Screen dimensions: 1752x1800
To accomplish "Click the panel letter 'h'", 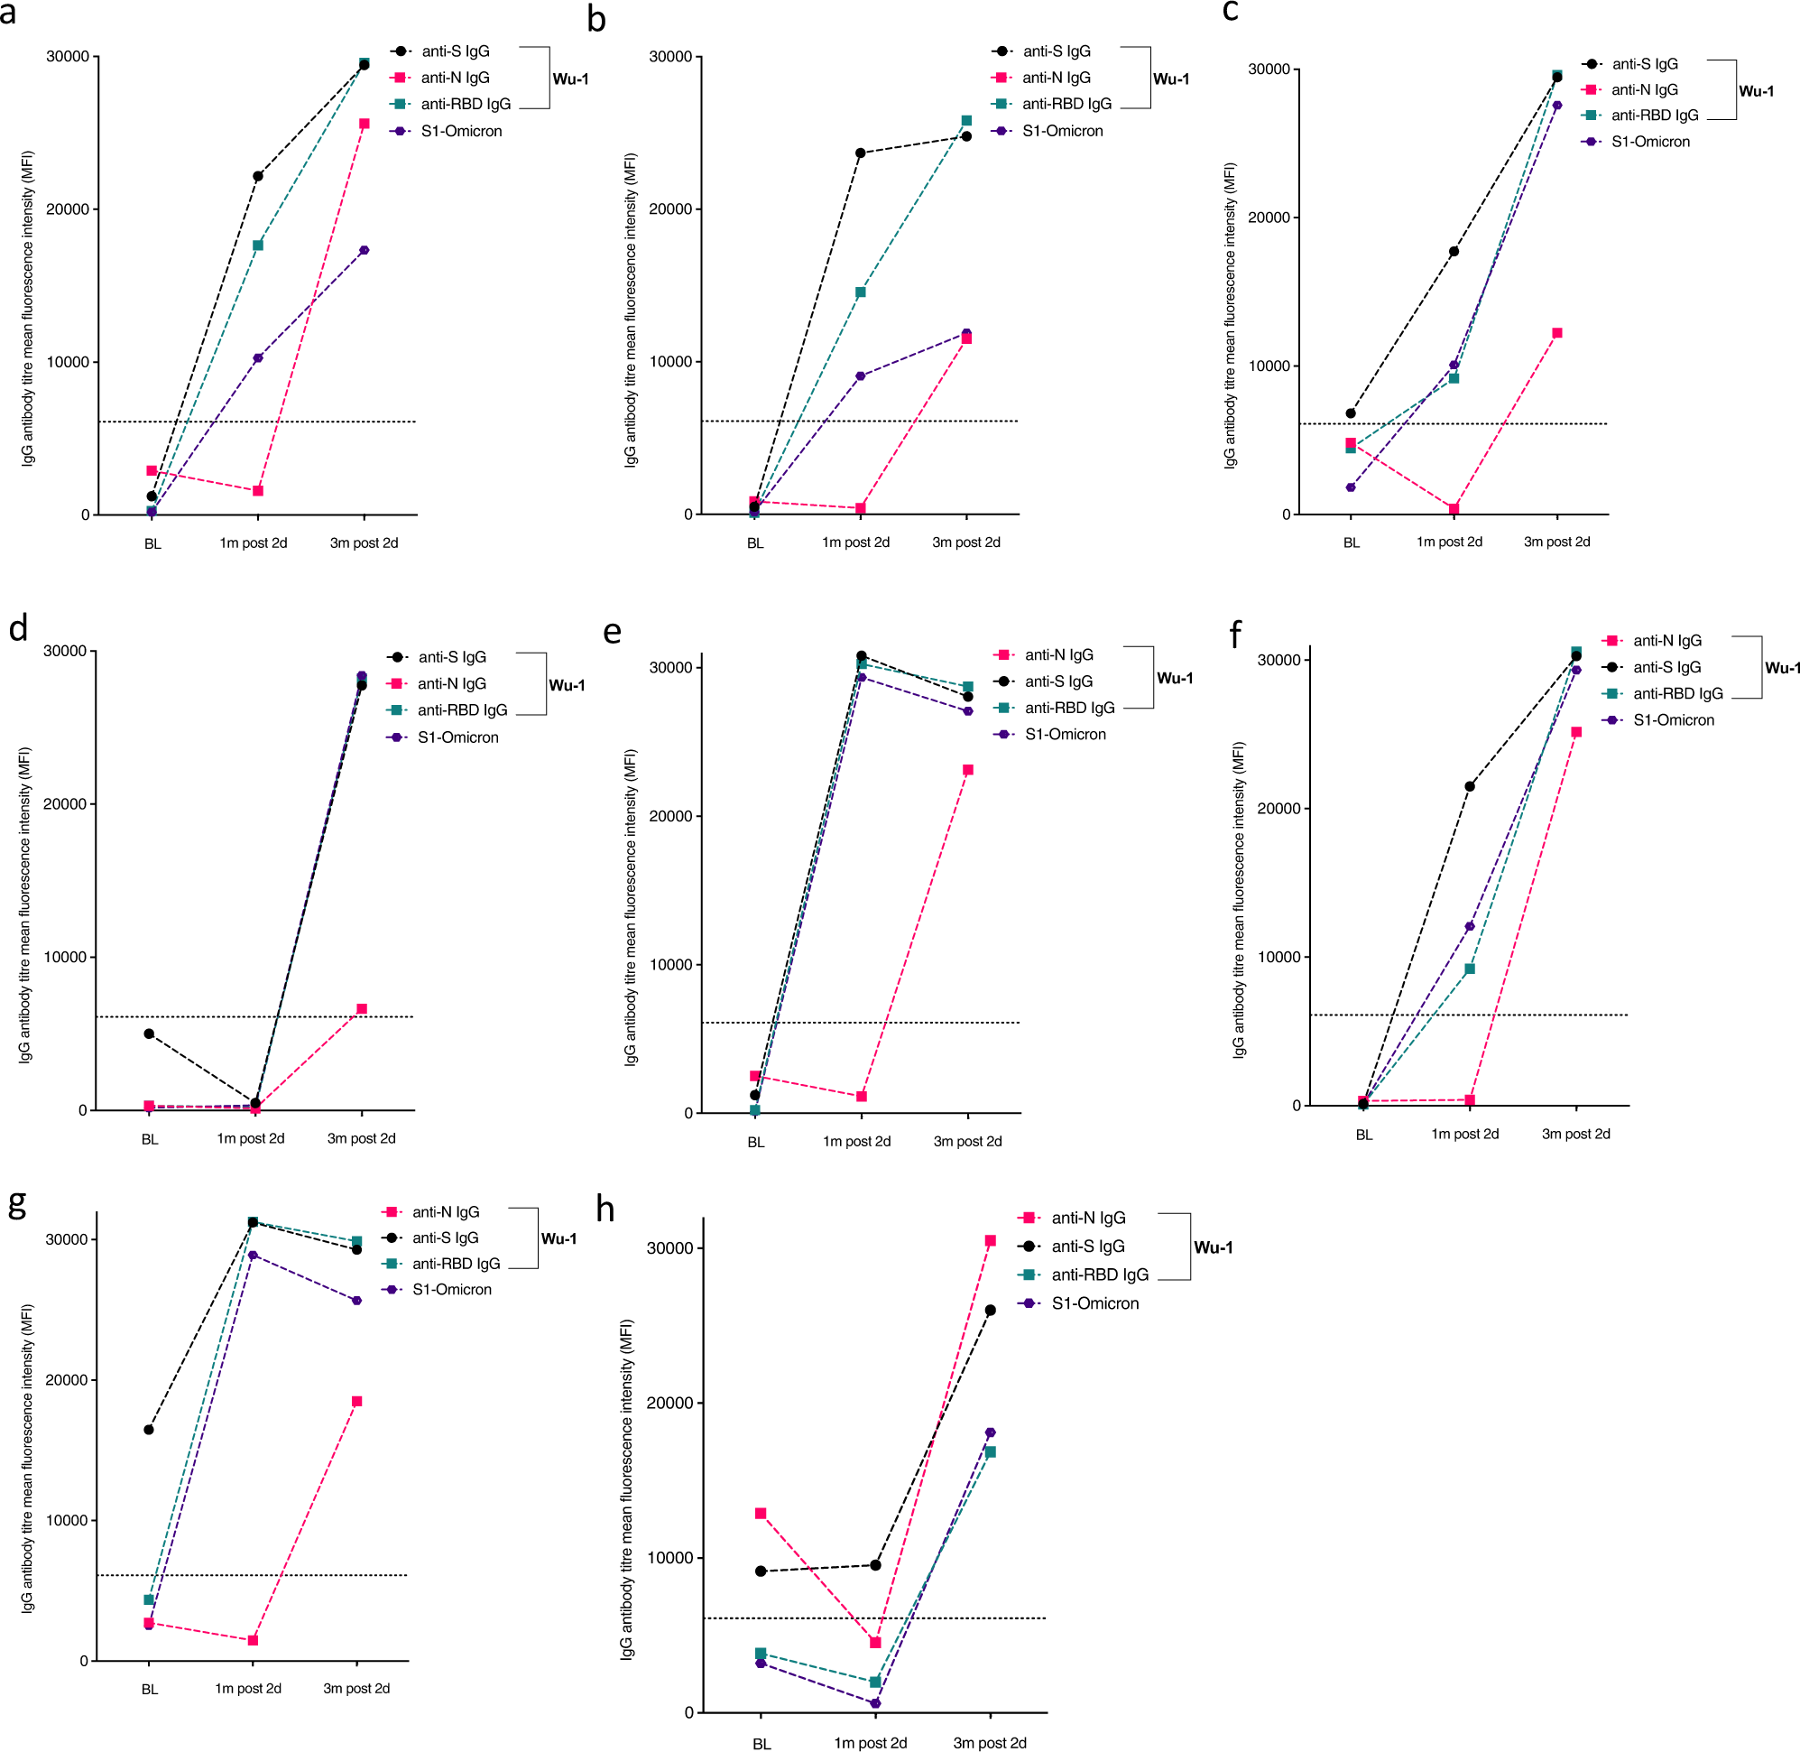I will click(x=605, y=1209).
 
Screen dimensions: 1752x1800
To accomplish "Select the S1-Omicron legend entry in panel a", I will click(x=461, y=132).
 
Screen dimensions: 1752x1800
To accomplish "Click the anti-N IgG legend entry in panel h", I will click(x=1087, y=1218).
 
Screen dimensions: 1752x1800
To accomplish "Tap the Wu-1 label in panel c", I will click(x=1755, y=91).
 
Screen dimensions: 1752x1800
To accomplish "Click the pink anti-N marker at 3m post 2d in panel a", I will click(x=365, y=124).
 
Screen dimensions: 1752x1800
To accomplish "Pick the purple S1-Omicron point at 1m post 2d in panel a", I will click(x=257, y=358).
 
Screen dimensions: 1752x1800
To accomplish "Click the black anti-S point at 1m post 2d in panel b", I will click(x=860, y=153).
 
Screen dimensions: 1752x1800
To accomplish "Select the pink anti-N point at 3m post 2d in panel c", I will click(x=1556, y=333).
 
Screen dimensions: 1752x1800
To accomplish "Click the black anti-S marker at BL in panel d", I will click(x=149, y=1034).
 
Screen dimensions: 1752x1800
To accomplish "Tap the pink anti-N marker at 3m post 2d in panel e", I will click(x=967, y=769).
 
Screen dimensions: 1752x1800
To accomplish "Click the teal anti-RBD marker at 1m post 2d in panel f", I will click(x=1469, y=968).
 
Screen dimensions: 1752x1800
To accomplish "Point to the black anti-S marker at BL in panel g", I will click(x=149, y=1429).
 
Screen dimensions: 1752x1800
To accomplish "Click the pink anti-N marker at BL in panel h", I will click(x=761, y=1513).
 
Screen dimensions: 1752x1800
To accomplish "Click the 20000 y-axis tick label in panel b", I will click(x=669, y=209).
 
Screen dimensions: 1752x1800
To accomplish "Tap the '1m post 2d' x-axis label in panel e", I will click(x=856, y=1141).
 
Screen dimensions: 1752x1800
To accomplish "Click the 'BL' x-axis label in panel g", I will click(x=150, y=1689).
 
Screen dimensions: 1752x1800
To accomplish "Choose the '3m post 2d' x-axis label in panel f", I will click(x=1574, y=1134).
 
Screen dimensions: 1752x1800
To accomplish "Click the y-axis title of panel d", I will click(x=25, y=905).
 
